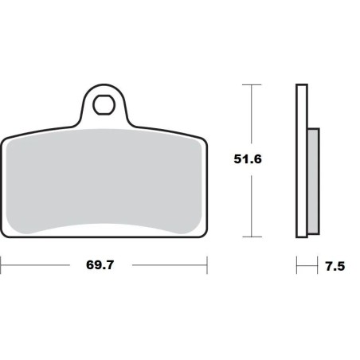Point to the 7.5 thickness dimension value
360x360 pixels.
click(x=335, y=266)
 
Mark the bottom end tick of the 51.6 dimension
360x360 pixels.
click(x=252, y=236)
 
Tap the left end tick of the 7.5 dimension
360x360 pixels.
click(x=296, y=265)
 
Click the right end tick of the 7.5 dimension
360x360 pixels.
click(x=319, y=265)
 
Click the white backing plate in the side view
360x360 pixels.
click(x=301, y=159)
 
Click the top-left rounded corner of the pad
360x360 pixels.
click(x=6, y=137)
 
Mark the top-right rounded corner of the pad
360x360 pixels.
click(x=202, y=137)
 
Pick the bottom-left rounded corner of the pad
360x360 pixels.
click(x=6, y=231)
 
